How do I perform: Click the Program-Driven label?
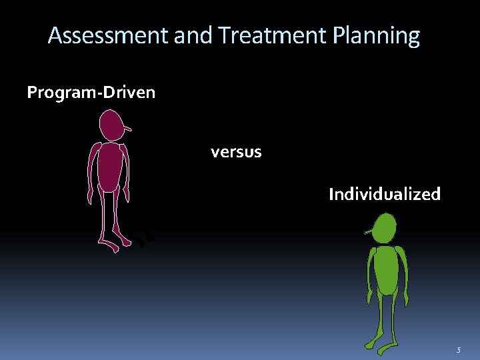[91, 93]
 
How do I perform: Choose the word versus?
[236, 152]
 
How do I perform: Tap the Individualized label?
[385, 195]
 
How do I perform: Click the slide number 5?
[458, 350]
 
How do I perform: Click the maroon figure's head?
[111, 125]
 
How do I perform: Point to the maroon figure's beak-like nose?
[127, 128]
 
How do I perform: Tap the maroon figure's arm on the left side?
[92, 173]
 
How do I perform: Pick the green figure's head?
[385, 229]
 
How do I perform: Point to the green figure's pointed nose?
[369, 233]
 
